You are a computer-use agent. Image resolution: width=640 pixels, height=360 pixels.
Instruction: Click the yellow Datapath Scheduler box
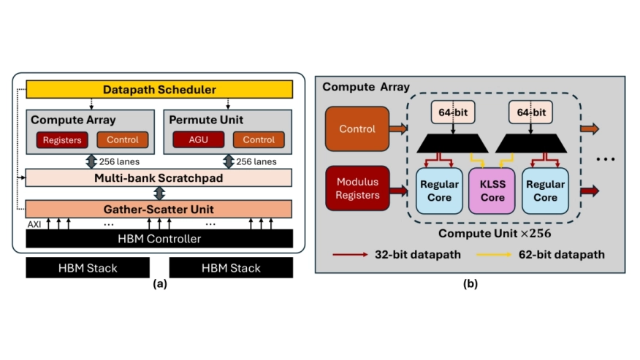pyautogui.click(x=159, y=89)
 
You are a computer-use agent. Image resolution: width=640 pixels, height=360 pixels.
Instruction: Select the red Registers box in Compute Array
pyautogui.click(x=62, y=140)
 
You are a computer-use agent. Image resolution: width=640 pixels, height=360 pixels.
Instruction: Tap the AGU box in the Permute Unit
pyautogui.click(x=199, y=139)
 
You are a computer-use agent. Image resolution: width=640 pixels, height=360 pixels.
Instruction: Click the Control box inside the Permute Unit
pyautogui.click(x=259, y=139)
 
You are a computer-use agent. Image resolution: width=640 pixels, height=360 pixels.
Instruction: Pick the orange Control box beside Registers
pyautogui.click(x=123, y=139)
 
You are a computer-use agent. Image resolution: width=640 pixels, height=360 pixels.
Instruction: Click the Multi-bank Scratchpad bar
pyautogui.click(x=159, y=178)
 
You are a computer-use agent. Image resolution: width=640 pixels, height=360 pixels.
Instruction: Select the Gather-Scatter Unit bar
pyautogui.click(x=159, y=209)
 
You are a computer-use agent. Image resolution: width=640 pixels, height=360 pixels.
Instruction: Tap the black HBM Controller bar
pyautogui.click(x=159, y=238)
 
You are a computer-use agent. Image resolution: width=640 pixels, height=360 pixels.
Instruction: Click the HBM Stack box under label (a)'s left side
pyautogui.click(x=88, y=268)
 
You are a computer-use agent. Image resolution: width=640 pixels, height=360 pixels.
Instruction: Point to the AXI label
pyautogui.click(x=34, y=224)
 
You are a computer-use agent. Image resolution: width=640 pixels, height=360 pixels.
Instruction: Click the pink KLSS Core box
pyautogui.click(x=492, y=191)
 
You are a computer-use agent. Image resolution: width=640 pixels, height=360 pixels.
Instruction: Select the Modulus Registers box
pyautogui.click(x=357, y=188)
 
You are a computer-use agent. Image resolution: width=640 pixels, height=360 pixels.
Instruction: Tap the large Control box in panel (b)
pyautogui.click(x=357, y=129)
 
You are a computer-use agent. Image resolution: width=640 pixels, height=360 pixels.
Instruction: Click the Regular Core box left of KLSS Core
pyautogui.click(x=439, y=191)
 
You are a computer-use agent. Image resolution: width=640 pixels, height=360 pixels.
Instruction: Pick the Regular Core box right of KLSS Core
pyautogui.click(x=545, y=191)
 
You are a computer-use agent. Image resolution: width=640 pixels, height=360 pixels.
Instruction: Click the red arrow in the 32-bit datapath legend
pyautogui.click(x=350, y=255)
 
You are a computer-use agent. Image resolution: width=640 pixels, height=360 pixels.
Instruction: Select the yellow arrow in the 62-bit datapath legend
pyautogui.click(x=494, y=255)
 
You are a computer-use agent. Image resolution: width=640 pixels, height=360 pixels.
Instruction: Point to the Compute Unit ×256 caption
pyautogui.click(x=495, y=234)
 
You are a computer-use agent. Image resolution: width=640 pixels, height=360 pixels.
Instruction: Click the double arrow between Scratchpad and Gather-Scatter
pyautogui.click(x=159, y=194)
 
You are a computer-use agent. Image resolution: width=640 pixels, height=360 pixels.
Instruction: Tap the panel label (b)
pyautogui.click(x=471, y=283)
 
